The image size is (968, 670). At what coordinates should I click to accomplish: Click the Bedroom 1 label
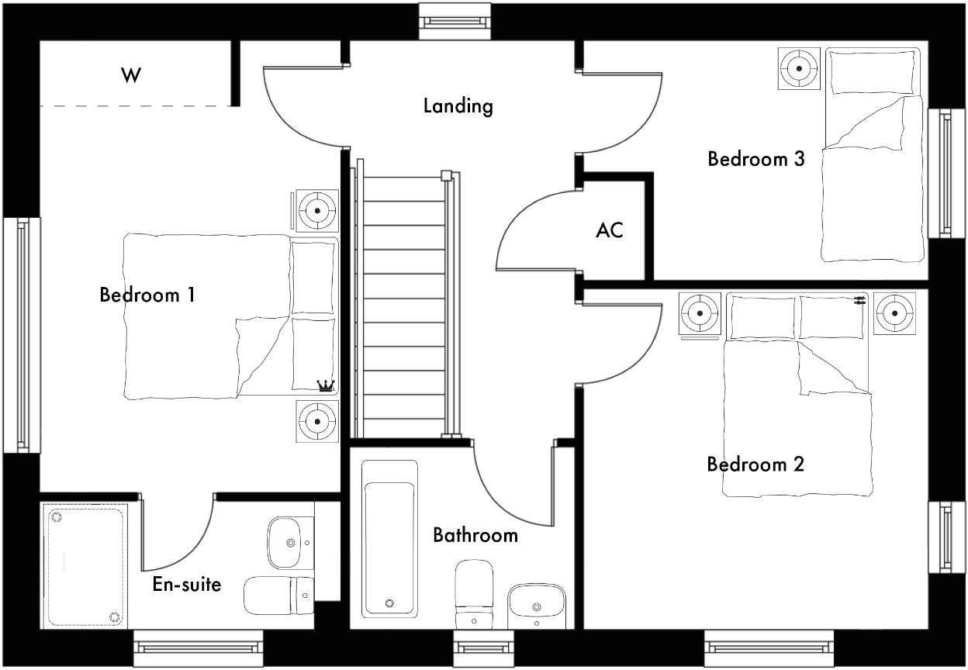coord(147,295)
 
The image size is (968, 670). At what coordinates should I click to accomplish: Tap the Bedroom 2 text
coord(755,465)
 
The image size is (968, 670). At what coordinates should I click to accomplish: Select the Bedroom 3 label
coord(755,159)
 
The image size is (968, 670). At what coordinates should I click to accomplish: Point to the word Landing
coord(458,105)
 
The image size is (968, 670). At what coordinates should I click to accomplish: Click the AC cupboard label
coord(610,230)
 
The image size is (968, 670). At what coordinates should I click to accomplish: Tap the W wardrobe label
coord(132,75)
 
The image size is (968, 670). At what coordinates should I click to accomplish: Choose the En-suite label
coord(186,584)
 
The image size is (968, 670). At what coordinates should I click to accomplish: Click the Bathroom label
coord(475,535)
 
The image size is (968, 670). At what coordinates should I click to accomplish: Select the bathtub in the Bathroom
coord(390,538)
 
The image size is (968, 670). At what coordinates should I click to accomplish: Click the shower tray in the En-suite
coord(85,565)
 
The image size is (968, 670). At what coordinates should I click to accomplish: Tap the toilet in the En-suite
coord(278,596)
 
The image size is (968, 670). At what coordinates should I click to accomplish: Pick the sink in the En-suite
coord(289,543)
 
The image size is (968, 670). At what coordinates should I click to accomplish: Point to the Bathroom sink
coord(535,605)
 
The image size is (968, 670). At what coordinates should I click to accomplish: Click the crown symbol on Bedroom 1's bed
coord(326,384)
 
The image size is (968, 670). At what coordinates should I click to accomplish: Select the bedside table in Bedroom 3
coord(798,68)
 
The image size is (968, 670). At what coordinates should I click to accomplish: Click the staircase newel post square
coord(446,174)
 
